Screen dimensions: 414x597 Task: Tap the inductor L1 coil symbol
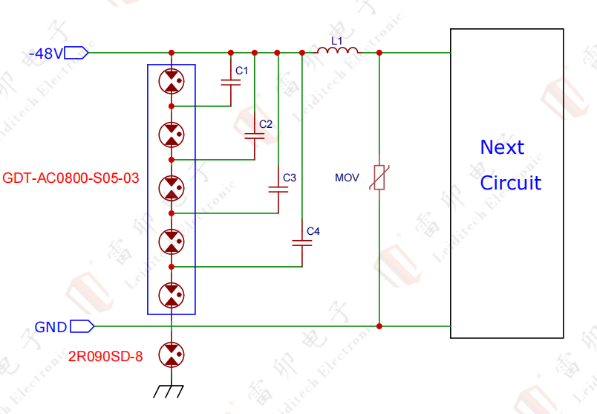point(337,51)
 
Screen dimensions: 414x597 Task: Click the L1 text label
point(336,40)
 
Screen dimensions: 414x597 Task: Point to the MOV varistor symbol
point(379,178)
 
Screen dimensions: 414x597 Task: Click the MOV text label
point(347,178)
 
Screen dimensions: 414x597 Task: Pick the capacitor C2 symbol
point(255,136)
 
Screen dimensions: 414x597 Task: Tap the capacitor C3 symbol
point(278,190)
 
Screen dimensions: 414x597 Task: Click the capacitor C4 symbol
point(301,242)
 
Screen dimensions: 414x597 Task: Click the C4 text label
point(313,232)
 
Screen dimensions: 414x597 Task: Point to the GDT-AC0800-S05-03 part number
point(71,178)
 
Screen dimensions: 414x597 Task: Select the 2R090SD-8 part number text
point(105,357)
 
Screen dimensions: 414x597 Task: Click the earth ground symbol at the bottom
point(172,391)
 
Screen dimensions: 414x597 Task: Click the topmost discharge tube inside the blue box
point(172,81)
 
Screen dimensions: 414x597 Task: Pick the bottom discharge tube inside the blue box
point(172,294)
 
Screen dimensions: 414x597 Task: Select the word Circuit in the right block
point(510,183)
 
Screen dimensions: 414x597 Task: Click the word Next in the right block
point(502,147)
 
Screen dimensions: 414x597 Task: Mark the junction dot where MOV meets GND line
point(379,326)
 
